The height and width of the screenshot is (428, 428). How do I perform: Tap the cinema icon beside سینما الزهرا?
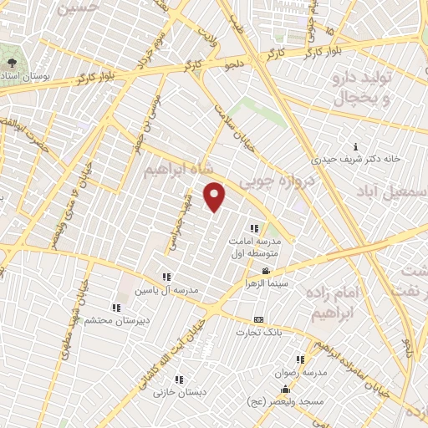click(x=266, y=272)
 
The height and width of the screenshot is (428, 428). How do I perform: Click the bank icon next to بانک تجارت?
click(x=258, y=320)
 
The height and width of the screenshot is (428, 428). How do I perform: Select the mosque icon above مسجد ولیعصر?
click(x=286, y=389)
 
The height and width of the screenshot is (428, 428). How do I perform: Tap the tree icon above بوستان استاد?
click(x=12, y=64)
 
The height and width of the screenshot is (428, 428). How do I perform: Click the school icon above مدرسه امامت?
click(x=253, y=227)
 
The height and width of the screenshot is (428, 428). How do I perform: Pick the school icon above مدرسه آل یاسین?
click(x=166, y=277)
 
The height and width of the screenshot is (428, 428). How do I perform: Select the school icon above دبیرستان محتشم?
click(x=115, y=307)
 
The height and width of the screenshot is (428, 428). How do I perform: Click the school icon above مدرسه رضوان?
click(x=299, y=359)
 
